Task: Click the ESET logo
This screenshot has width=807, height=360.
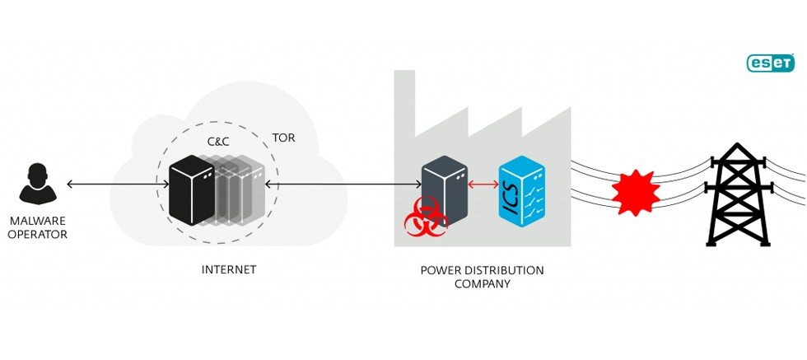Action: point(770,63)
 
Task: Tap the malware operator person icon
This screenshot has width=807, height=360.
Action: point(38,184)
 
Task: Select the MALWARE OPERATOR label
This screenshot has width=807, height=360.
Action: point(38,228)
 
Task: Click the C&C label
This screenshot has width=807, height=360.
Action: point(218,142)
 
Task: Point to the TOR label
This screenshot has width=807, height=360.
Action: point(283,138)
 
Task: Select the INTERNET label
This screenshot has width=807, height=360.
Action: point(229,269)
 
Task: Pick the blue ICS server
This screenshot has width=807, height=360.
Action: point(521,191)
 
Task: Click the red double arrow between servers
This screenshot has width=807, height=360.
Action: point(483,184)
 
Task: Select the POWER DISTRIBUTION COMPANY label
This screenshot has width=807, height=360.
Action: point(482,277)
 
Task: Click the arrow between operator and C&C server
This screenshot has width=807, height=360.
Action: point(116,184)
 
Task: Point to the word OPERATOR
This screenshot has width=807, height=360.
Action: point(39,236)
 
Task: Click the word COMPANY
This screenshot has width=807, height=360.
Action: point(482,284)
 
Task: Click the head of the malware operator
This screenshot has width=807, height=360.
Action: point(38,174)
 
